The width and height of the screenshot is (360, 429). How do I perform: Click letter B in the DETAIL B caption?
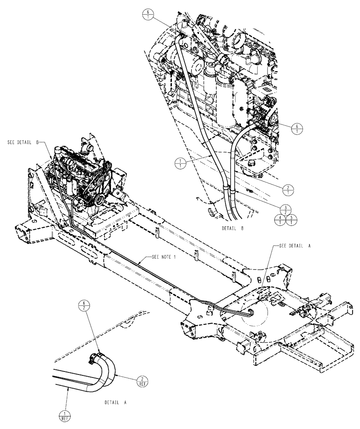pyautogui.click(x=242, y=229)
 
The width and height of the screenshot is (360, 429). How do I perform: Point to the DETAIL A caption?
pyautogui.click(x=115, y=403)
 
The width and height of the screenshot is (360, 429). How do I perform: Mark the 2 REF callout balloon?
pyautogui.click(x=142, y=381)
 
